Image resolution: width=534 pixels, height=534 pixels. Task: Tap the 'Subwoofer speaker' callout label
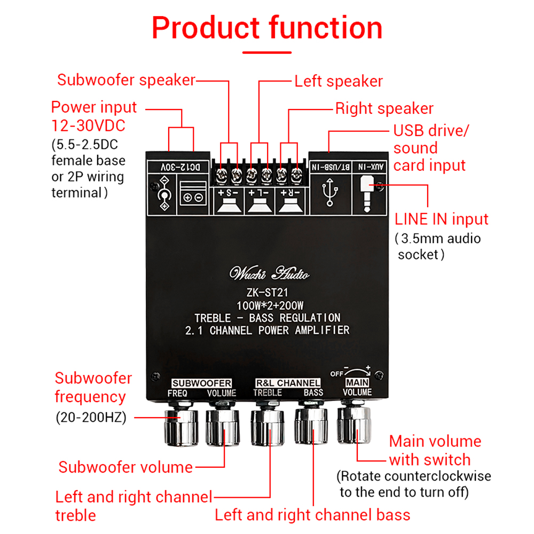pos(127,80)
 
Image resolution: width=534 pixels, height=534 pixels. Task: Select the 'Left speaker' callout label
pos(339,81)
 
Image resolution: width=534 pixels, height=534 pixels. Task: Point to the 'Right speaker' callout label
pos(384,108)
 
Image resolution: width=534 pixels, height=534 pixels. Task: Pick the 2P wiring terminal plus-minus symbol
pos(192,197)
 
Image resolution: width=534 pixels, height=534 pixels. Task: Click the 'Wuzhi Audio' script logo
pos(269,274)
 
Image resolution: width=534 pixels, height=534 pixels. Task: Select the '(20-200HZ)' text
pos(91,418)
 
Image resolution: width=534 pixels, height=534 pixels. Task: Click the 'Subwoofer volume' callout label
pos(125,467)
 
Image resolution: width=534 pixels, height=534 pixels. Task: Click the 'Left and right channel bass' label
pos(312,515)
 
